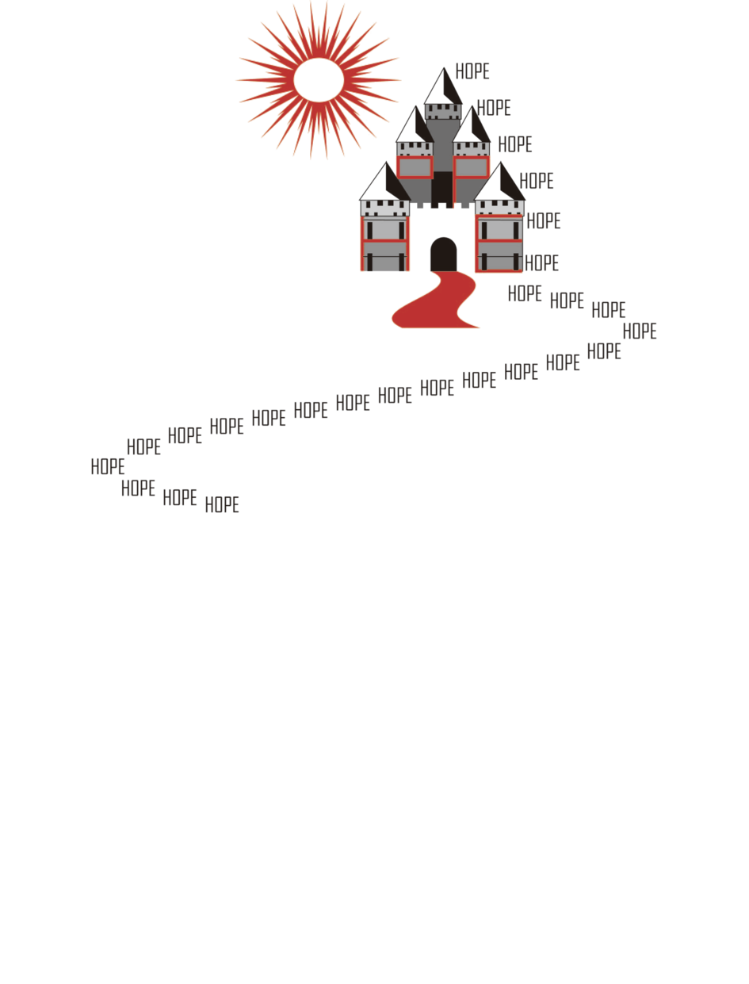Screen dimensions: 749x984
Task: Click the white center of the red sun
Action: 319,80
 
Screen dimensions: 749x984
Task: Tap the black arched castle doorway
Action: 443,255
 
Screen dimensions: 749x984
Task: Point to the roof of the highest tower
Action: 443,86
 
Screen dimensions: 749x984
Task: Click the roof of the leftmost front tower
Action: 384,182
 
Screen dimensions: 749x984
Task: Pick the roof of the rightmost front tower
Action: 499,182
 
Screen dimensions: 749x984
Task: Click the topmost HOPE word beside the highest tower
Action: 472,71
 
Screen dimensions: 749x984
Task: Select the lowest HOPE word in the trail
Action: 222,504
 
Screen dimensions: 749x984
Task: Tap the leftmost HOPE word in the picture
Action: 108,467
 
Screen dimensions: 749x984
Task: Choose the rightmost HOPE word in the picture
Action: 640,331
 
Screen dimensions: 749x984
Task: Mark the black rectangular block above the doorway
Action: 442,189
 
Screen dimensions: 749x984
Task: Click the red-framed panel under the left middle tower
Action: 415,167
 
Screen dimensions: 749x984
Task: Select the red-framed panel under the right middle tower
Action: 471,167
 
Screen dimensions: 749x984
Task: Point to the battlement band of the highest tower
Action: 443,112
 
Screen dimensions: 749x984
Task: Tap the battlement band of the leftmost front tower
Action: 384,208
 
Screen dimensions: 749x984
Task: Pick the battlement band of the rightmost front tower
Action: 499,208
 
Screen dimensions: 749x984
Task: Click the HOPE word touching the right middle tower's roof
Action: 494,108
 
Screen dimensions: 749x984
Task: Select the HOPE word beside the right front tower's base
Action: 541,262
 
